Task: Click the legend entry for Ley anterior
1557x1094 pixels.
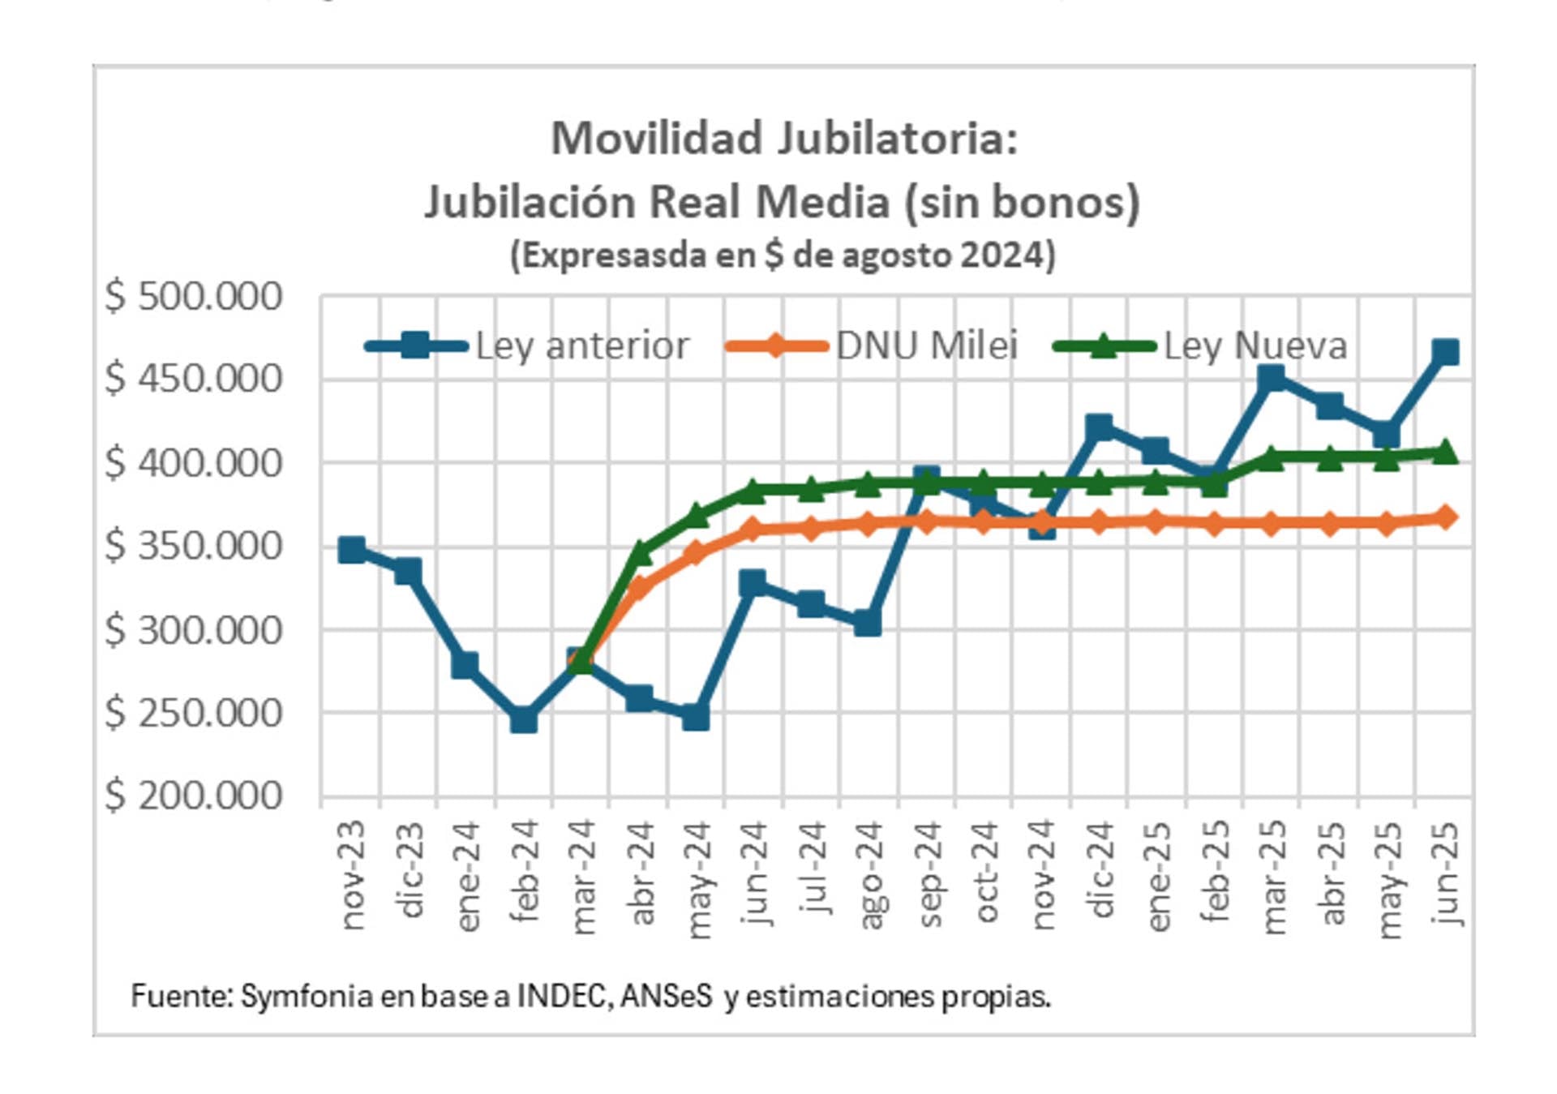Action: click(x=581, y=346)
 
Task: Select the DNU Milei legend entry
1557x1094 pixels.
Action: click(x=926, y=346)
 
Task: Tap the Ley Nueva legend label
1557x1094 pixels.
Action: click(x=1255, y=346)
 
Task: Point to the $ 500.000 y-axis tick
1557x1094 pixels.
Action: click(x=193, y=297)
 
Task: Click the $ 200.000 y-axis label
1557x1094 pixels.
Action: click(x=193, y=796)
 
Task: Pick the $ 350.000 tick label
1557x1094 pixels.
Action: click(x=193, y=546)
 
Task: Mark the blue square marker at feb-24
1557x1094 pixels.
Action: click(x=524, y=719)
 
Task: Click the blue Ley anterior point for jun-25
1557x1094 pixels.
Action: click(x=1445, y=352)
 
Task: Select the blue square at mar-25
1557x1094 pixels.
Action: click(x=1272, y=377)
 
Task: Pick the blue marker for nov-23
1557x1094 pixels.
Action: click(x=352, y=550)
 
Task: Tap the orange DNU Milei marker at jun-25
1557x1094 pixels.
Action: click(x=1445, y=517)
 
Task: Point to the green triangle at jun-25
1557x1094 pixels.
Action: click(x=1445, y=452)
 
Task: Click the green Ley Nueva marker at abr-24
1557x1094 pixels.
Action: click(x=640, y=553)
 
